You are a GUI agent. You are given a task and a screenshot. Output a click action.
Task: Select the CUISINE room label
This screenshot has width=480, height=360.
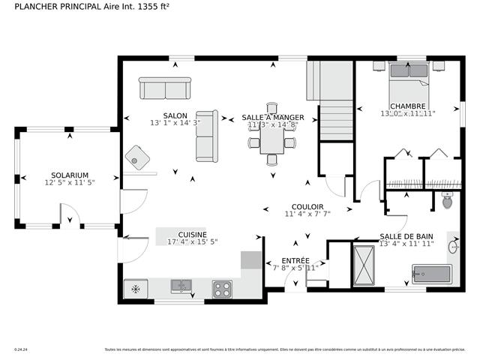tap(192, 234)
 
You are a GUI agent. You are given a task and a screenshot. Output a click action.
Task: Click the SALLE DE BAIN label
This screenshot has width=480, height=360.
tap(406, 235)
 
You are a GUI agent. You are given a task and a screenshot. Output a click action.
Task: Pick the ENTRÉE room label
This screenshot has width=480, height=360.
tap(295, 260)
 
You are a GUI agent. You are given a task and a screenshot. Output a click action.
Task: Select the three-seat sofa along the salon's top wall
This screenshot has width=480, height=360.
tap(165, 88)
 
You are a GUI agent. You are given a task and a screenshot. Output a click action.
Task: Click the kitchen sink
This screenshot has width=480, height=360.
tap(181, 286)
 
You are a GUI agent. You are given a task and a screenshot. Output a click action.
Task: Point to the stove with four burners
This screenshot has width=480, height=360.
tap(222, 288)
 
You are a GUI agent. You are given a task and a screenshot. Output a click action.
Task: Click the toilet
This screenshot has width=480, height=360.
tap(448, 199)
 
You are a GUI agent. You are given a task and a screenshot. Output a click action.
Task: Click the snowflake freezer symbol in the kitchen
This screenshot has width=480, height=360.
tap(135, 288)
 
